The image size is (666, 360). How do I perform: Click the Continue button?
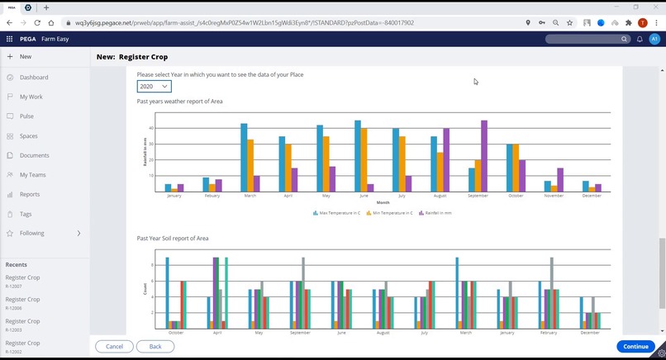point(635,346)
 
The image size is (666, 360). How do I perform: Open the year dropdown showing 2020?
point(155,87)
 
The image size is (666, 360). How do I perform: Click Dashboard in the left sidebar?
point(34,78)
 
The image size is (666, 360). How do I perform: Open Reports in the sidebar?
point(30,195)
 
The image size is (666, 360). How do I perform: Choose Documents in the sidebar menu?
point(34,155)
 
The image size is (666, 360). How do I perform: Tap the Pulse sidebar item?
point(27,116)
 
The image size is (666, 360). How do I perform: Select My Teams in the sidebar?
point(33,175)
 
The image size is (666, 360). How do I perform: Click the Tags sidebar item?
point(26,214)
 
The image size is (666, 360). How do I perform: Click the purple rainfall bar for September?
point(484,156)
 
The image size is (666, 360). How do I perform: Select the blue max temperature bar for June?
point(358,156)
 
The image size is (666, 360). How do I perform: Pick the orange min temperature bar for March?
point(250,165)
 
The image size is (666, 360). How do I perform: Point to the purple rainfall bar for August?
point(446,160)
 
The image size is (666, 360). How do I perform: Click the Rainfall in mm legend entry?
point(437,212)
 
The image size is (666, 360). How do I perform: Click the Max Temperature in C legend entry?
point(336,212)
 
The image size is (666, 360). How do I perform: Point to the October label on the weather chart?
point(516,196)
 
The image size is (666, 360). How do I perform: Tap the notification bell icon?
point(640,39)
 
